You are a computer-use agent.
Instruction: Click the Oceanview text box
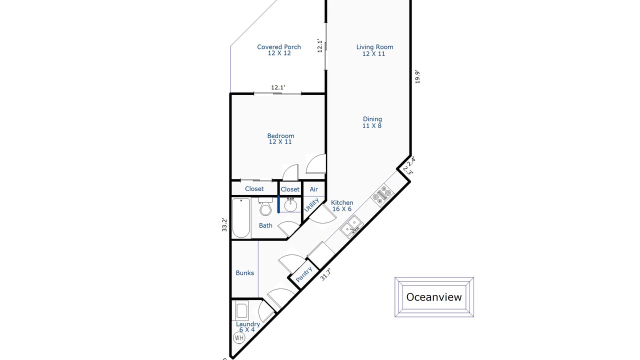pyautogui.click(x=434, y=297)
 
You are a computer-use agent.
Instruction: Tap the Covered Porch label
pyautogui.click(x=279, y=50)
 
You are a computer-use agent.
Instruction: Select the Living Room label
pyautogui.click(x=374, y=50)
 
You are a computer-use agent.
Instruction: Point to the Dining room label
pyautogui.click(x=372, y=122)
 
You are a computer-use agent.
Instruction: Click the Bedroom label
pyautogui.click(x=280, y=139)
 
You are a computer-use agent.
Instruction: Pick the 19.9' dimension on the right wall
pyautogui.click(x=417, y=76)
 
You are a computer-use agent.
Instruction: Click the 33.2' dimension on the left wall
pyautogui.click(x=224, y=224)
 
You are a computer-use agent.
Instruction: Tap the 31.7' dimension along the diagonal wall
pyautogui.click(x=325, y=274)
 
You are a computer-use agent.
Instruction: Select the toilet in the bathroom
pyautogui.click(x=265, y=206)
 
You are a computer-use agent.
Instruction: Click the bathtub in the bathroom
pyautogui.click(x=241, y=218)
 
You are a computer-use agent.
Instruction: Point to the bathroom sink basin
pyautogui.click(x=290, y=205)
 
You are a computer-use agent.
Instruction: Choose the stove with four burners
pyautogui.click(x=382, y=195)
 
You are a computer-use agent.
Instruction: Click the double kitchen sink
pyautogui.click(x=351, y=226)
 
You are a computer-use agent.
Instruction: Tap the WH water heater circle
pyautogui.click(x=239, y=338)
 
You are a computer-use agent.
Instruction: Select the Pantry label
pyautogui.click(x=304, y=274)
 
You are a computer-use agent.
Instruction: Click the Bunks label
pyautogui.click(x=245, y=273)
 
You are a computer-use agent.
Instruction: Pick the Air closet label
pyautogui.click(x=313, y=189)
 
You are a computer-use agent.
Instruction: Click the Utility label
pyautogui.click(x=311, y=205)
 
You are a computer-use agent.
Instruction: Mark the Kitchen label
pyautogui.click(x=342, y=205)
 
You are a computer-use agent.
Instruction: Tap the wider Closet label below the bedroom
pyautogui.click(x=254, y=189)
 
